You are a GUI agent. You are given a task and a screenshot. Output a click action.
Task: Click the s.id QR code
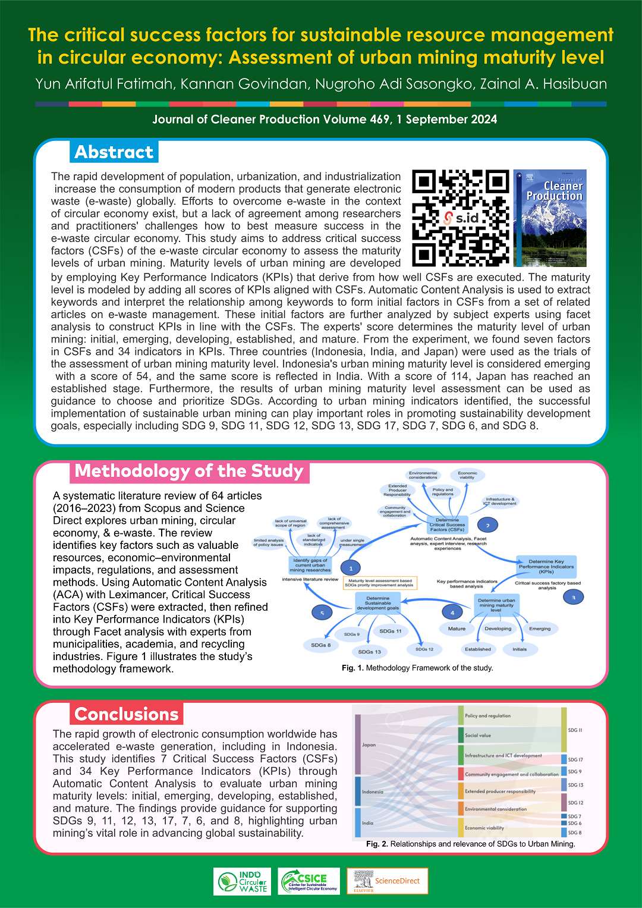(461, 218)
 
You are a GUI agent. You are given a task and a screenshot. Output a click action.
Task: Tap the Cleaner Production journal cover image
(550, 218)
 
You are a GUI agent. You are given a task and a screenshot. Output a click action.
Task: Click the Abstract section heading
(114, 152)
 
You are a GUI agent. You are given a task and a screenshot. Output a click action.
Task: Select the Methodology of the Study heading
(189, 472)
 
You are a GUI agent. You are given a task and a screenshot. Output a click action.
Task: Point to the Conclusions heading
(127, 714)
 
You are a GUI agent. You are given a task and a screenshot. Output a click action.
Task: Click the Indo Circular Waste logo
(242, 881)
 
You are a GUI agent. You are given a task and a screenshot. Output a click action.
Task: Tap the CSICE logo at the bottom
(309, 881)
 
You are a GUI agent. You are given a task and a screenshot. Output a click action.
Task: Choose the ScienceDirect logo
(387, 881)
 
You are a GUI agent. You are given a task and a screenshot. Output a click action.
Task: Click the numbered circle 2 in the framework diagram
(487, 526)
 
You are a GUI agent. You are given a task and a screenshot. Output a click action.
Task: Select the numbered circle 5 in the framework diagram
(322, 613)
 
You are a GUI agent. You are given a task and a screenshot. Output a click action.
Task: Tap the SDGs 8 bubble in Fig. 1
(320, 645)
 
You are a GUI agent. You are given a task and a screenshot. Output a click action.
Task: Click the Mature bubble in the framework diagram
(457, 629)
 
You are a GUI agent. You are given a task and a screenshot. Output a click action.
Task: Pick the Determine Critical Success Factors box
(447, 524)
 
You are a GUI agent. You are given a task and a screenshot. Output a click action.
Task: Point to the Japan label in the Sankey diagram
(369, 745)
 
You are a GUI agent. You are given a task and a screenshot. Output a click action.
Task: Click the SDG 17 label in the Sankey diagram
(575, 760)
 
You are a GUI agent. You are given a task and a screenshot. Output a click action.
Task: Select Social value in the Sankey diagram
(478, 736)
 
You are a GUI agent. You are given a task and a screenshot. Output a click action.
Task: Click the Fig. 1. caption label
(353, 668)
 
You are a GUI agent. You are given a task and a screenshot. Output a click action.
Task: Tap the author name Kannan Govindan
(245, 84)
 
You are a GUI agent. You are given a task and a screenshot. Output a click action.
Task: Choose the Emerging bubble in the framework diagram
(540, 629)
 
